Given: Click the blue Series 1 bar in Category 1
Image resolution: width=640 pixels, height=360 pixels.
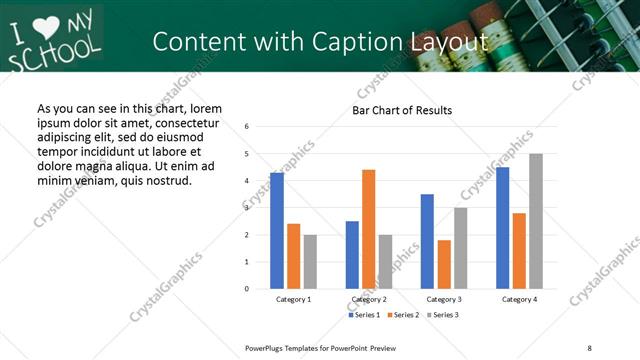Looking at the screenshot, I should [277, 231].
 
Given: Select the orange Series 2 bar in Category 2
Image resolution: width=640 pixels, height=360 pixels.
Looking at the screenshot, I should [368, 229].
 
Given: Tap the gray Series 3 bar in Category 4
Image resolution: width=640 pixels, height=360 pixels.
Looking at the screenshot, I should [536, 221].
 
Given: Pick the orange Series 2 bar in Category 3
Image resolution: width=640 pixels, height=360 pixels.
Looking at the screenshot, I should [444, 264].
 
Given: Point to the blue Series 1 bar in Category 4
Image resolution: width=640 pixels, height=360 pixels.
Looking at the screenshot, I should [502, 228].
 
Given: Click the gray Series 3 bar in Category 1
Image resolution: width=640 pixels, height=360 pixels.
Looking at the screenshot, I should [310, 262].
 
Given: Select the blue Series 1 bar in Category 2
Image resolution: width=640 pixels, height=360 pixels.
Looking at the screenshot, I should [352, 255].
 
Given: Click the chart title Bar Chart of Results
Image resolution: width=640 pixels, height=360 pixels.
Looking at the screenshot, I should [402, 110].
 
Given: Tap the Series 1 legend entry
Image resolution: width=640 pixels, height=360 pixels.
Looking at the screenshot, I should [363, 315].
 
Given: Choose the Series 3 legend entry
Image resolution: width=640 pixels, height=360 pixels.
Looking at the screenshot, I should [442, 315].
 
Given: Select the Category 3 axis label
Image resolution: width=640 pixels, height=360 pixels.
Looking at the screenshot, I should [444, 299].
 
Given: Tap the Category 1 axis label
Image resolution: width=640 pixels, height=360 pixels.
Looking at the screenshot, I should [293, 299].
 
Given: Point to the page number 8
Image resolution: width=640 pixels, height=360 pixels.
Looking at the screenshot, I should [590, 348].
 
